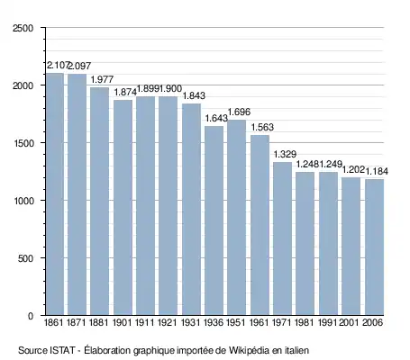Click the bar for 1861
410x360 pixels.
tap(55, 194)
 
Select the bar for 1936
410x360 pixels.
tap(214, 220)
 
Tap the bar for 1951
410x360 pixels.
tap(237, 218)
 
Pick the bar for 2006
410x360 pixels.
tap(375, 247)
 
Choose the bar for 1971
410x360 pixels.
tap(283, 238)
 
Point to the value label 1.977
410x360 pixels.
tap(102, 79)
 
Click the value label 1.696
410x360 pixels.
tap(239, 112)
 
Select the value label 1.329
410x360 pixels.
tap(285, 154)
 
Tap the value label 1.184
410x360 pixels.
tap(377, 171)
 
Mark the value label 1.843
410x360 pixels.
tap(194, 95)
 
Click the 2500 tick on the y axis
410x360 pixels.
tap(23, 28)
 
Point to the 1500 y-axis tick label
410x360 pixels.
tap(23, 143)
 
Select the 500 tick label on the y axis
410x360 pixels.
tap(25, 258)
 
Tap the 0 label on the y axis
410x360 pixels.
tap(31, 316)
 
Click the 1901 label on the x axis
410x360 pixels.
tap(123, 322)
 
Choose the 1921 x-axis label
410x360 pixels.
tap(168, 322)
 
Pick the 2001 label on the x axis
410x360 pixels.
tap(349, 322)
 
